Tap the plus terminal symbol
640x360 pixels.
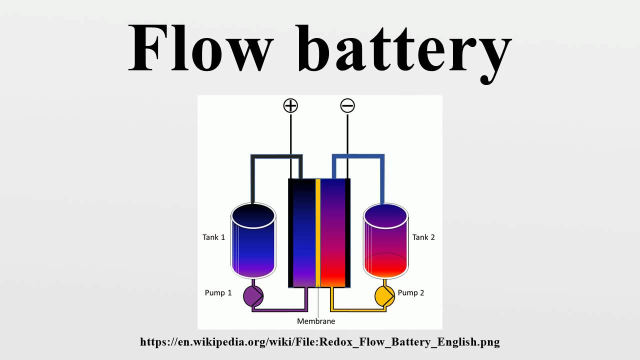pos(290,105)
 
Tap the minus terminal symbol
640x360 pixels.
pos(347,105)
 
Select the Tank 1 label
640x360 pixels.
pos(213,237)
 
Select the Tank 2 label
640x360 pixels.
pos(423,237)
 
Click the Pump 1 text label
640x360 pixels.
pos(218,292)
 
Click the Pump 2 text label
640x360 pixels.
pos(411,292)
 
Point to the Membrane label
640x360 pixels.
pos(316,321)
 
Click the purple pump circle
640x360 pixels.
pos(253,296)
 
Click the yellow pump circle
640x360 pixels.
pos(384,296)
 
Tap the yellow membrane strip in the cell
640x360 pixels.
pos(318,232)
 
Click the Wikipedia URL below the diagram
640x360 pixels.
pos(320,342)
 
